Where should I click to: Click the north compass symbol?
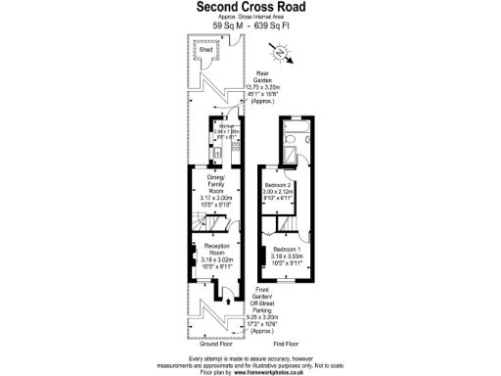tap(290, 57)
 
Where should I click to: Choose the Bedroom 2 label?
tap(279, 185)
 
